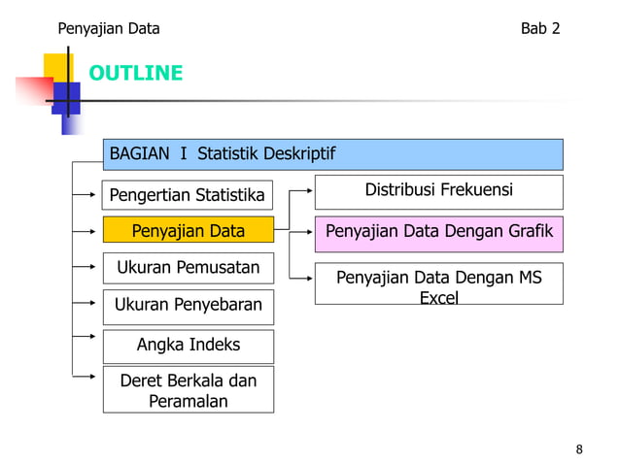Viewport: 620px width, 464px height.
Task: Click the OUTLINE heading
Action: (x=136, y=74)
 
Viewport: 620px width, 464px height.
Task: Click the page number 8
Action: (x=580, y=448)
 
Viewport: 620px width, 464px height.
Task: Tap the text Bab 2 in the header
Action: (x=540, y=28)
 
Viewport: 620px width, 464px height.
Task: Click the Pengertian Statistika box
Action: (x=188, y=195)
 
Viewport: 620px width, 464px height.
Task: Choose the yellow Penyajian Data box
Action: (x=188, y=231)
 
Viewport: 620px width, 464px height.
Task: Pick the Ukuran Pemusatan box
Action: (x=188, y=267)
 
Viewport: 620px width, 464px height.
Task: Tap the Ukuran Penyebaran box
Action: (x=188, y=305)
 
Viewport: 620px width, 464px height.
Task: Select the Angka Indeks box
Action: (x=188, y=346)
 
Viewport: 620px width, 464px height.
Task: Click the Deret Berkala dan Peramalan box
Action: (x=188, y=390)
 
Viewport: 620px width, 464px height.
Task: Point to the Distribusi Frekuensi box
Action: (x=438, y=190)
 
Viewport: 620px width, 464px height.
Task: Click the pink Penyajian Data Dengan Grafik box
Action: (x=438, y=232)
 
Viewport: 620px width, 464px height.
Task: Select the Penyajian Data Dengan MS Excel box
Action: (x=438, y=284)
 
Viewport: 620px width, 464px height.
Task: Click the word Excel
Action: (x=438, y=298)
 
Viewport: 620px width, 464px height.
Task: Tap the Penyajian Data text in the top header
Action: (x=109, y=28)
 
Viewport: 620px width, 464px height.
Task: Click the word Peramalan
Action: (x=188, y=401)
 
